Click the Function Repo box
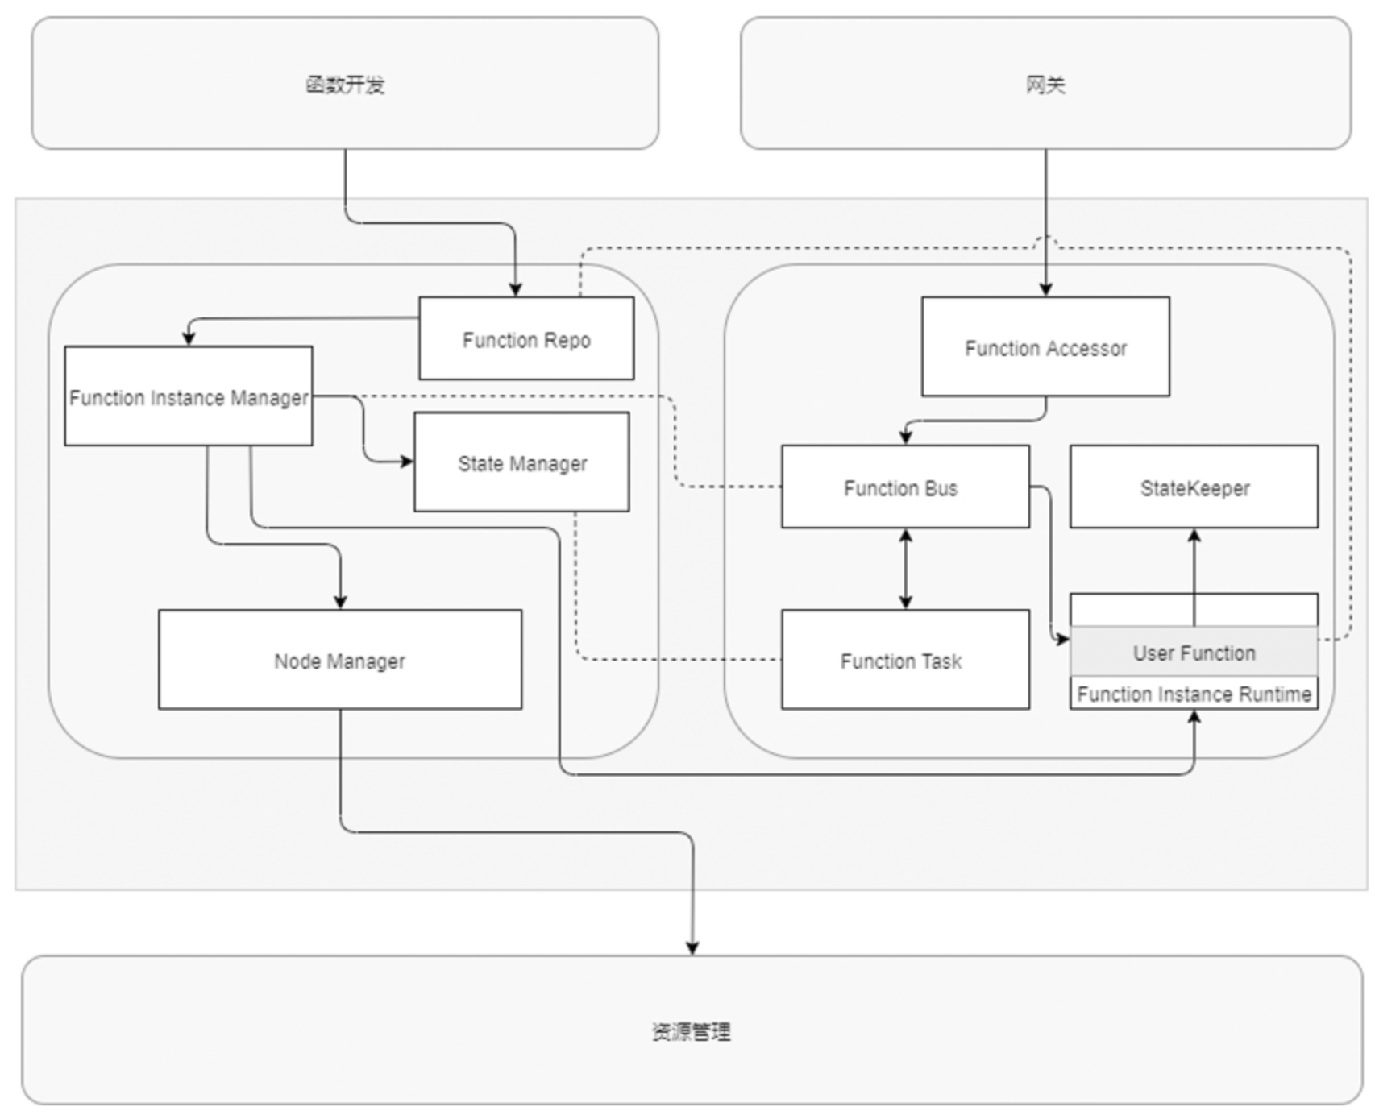pos(526,339)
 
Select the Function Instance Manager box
pos(188,397)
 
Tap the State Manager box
pos(521,463)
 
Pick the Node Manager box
pos(339,661)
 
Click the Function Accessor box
pos(1045,348)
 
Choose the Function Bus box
pos(904,487)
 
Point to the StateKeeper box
pos(1194,487)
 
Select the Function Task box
pos(904,661)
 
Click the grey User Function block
pos(1194,653)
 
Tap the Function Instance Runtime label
pos(1194,694)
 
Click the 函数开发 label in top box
pos(345,85)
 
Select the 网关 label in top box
pos(1045,85)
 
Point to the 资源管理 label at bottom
pos(692,1031)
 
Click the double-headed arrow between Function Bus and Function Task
pos(905,569)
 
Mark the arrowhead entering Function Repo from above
pos(515,290)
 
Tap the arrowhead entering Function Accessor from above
pos(1045,290)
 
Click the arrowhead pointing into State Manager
pos(407,462)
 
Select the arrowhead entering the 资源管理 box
pos(692,948)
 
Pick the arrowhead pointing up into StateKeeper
pos(1194,536)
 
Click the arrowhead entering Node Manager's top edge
pos(339,602)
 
